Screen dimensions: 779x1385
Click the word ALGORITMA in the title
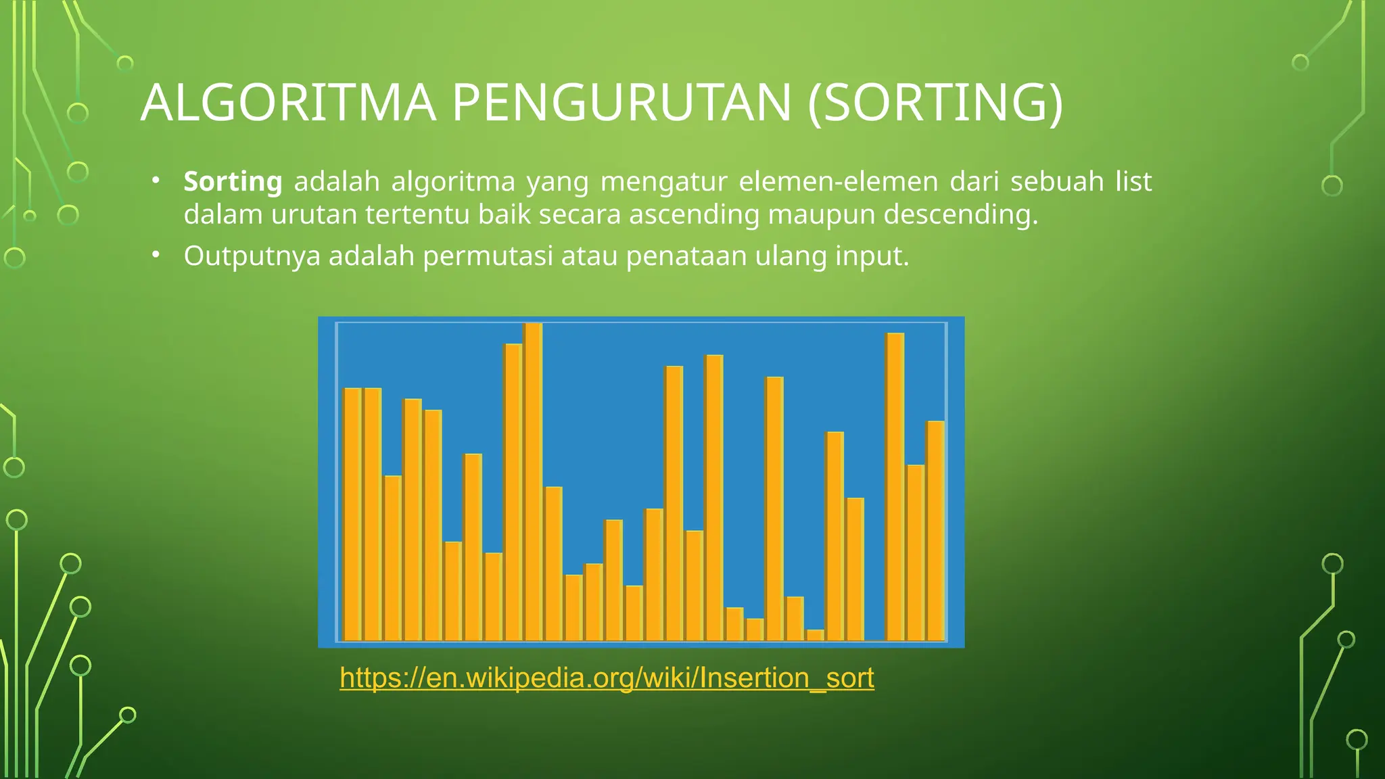click(x=288, y=103)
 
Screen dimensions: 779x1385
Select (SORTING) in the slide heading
click(x=935, y=103)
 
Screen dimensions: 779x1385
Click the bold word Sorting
click(x=233, y=182)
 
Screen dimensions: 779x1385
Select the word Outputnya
click(x=252, y=257)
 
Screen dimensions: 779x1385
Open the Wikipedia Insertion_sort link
click(x=607, y=678)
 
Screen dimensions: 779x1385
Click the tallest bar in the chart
click(x=534, y=481)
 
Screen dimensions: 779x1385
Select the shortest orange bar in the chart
click(x=816, y=635)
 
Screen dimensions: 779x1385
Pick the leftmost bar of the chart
click(x=352, y=514)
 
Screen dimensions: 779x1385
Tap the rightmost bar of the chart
click(x=935, y=531)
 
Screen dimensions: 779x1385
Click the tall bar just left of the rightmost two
click(x=895, y=487)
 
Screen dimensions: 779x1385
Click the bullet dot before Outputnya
click(x=156, y=255)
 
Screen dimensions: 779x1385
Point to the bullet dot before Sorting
click(x=156, y=180)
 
